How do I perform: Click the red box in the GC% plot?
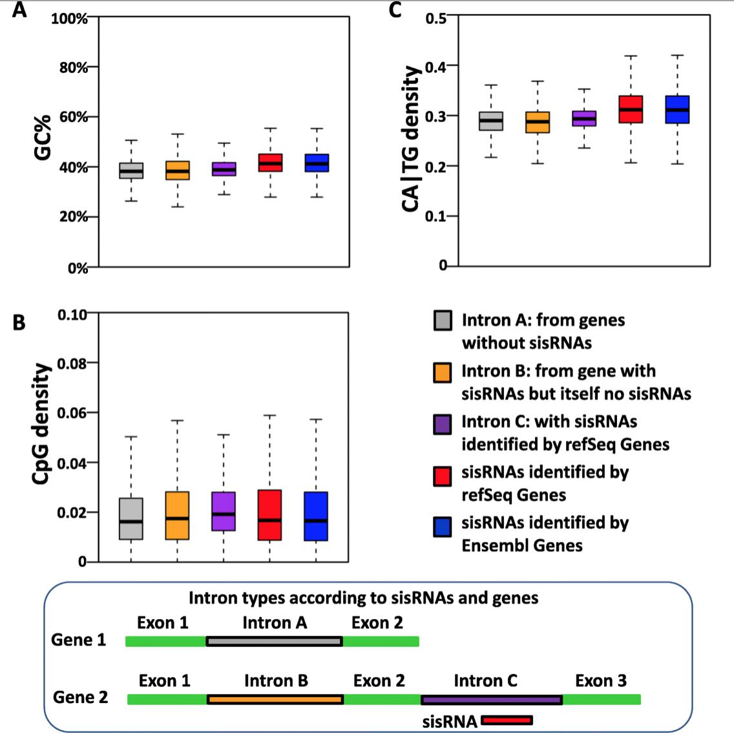(x=269, y=162)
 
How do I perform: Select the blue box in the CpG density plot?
(x=315, y=516)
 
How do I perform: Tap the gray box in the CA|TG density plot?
(x=491, y=121)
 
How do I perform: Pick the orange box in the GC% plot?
(x=178, y=170)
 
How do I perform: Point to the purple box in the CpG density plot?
(x=224, y=511)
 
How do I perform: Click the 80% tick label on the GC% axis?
(x=74, y=67)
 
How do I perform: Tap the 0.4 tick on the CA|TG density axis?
(x=436, y=67)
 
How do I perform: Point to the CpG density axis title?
(x=41, y=423)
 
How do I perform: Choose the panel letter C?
(x=395, y=10)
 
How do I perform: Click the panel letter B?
(x=19, y=321)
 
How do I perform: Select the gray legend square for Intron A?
(x=443, y=321)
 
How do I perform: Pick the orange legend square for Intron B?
(x=443, y=372)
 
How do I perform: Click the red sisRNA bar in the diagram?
(x=507, y=720)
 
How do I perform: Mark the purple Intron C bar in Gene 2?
(x=491, y=699)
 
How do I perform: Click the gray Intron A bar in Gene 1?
(x=274, y=641)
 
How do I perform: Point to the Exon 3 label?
(x=601, y=680)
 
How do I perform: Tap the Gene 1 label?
(x=78, y=640)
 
